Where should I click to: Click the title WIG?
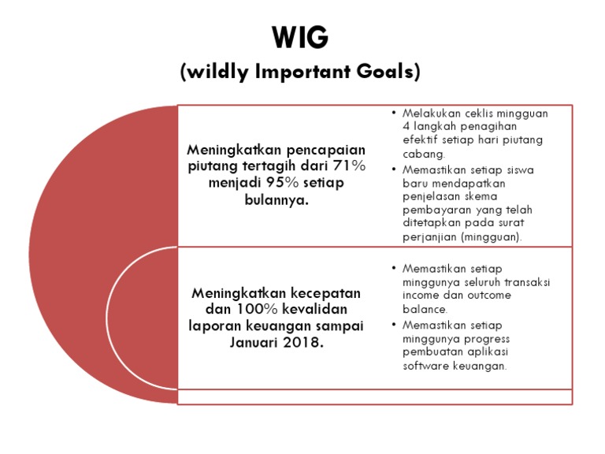pyautogui.click(x=299, y=37)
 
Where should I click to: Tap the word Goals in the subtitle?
pyautogui.click(x=387, y=72)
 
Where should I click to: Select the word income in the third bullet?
pyautogui.click(x=421, y=295)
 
